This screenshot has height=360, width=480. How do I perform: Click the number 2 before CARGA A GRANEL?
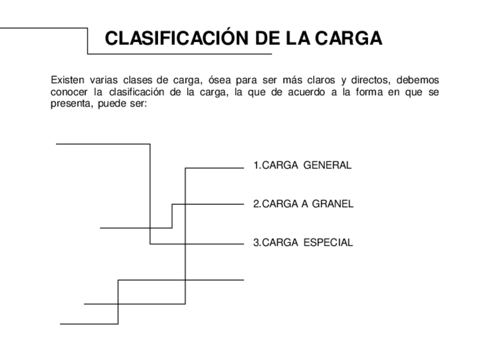tap(256, 204)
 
